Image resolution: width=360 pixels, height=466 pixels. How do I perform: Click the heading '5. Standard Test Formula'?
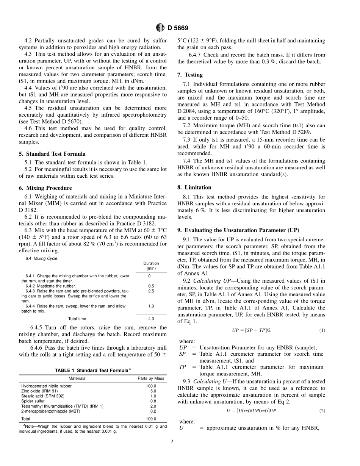52,154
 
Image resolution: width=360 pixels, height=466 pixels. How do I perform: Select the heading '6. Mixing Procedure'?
45,188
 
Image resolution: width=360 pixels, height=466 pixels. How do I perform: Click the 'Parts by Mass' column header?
151,378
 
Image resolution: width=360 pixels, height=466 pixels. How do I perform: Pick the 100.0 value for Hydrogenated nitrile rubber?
151,386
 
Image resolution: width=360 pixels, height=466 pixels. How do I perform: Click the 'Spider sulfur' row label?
33,401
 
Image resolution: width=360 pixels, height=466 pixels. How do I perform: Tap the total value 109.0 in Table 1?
151,419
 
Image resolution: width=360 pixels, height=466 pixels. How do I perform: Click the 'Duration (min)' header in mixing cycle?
151,266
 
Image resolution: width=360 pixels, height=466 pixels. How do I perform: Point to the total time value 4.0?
151,319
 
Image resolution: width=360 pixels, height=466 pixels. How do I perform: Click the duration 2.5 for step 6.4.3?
151,291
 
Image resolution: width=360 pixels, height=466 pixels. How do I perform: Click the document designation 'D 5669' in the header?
178,28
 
